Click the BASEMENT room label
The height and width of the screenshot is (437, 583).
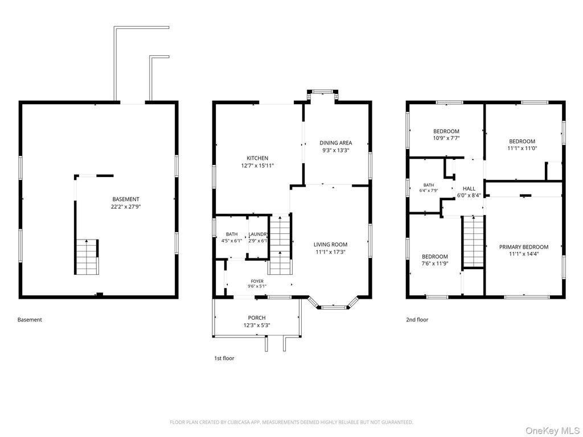126,199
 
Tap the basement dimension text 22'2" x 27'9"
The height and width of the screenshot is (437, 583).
126,207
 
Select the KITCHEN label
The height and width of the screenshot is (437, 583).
257,158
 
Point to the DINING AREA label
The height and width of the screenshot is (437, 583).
336,143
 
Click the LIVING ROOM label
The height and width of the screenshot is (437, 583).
331,245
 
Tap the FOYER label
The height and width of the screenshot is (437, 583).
257,281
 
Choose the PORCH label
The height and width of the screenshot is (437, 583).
257,318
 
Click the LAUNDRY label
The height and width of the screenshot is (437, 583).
258,234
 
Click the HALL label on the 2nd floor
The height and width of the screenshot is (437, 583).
469,188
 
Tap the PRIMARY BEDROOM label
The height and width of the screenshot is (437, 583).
524,247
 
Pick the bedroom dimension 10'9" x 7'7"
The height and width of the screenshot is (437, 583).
446,138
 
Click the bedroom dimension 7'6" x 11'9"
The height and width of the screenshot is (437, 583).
434,263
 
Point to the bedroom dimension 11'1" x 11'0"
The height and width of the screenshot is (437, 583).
522,149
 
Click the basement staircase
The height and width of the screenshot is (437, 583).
87,257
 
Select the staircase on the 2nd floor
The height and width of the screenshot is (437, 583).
473,241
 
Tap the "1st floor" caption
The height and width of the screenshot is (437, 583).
224,358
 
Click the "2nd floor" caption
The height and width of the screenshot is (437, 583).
417,320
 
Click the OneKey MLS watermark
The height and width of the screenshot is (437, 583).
553,431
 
